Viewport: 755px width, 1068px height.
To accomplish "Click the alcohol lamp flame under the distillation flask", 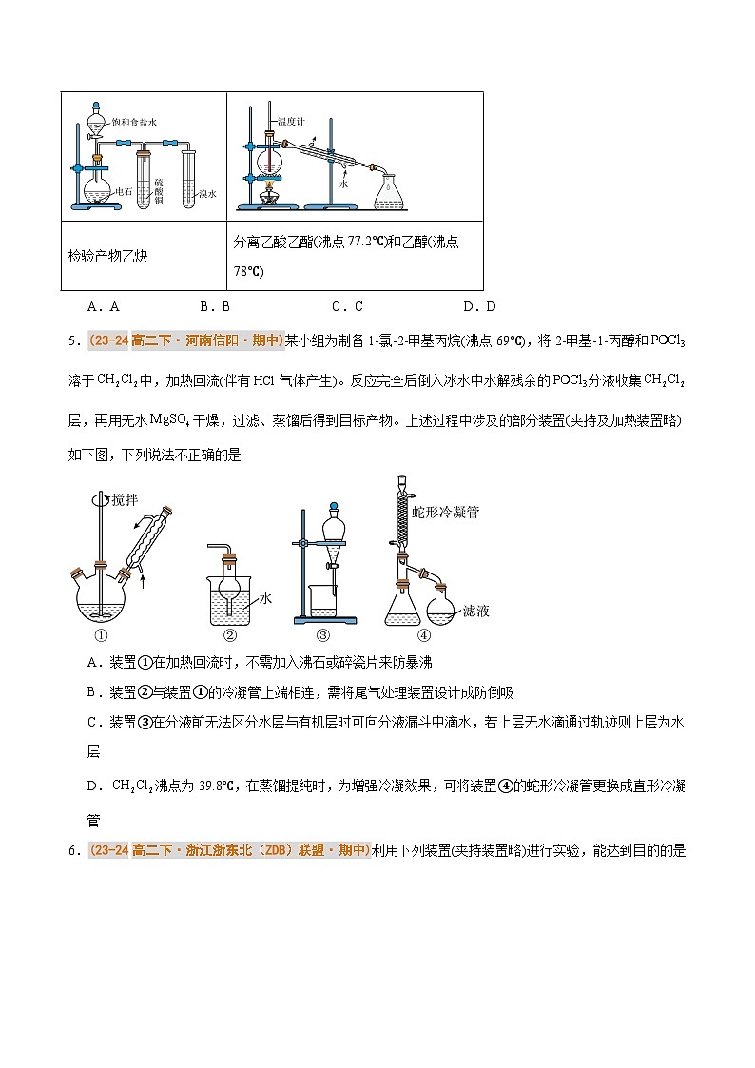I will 269,186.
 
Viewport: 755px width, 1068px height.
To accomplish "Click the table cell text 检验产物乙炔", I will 107,256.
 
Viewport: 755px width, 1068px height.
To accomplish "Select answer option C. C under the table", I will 347,306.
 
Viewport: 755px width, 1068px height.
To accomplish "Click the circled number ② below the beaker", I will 229,636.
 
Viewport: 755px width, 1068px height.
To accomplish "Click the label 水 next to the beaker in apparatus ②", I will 265,598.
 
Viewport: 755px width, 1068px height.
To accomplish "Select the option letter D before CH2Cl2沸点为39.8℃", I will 92,786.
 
